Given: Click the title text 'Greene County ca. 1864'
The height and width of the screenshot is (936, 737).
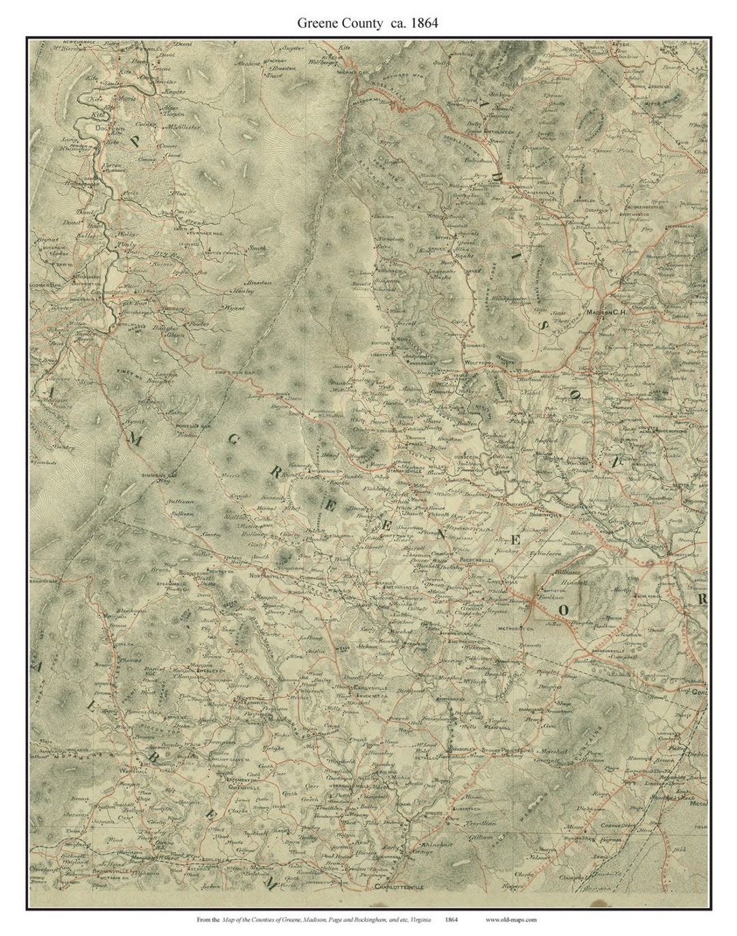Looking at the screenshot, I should click(367, 22).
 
